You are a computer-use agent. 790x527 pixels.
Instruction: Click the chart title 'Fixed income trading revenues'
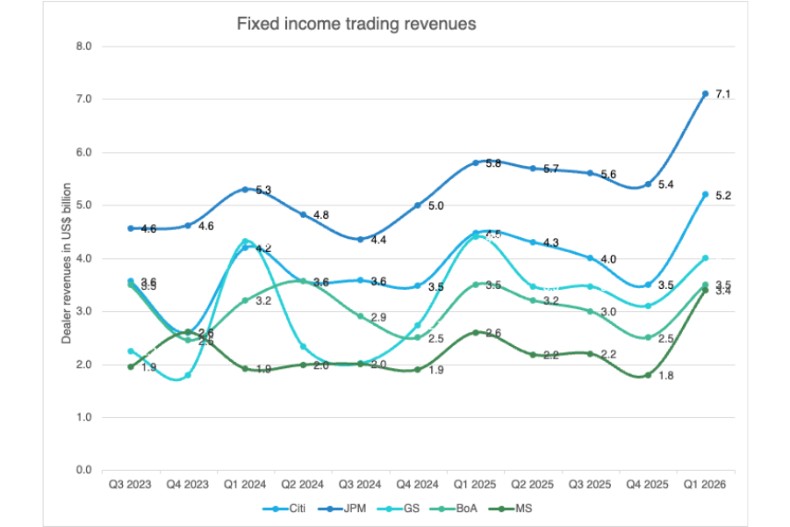(356, 25)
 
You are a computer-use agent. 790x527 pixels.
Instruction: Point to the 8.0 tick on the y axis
(83, 46)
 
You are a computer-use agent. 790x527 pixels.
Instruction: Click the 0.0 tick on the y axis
(83, 470)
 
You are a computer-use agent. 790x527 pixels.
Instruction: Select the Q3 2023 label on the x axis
(130, 484)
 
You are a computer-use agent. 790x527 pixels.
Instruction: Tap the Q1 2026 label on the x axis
(705, 484)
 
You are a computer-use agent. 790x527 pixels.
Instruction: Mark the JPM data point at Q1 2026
(705, 93)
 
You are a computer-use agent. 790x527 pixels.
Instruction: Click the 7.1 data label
(723, 94)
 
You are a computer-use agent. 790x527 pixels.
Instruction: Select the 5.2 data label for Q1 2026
(723, 195)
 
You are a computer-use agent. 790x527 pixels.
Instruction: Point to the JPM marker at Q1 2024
(245, 189)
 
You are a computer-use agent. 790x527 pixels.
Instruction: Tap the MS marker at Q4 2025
(648, 375)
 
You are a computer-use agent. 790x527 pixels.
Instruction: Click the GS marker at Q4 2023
(188, 375)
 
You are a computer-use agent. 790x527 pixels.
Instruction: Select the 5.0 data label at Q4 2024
(435, 206)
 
